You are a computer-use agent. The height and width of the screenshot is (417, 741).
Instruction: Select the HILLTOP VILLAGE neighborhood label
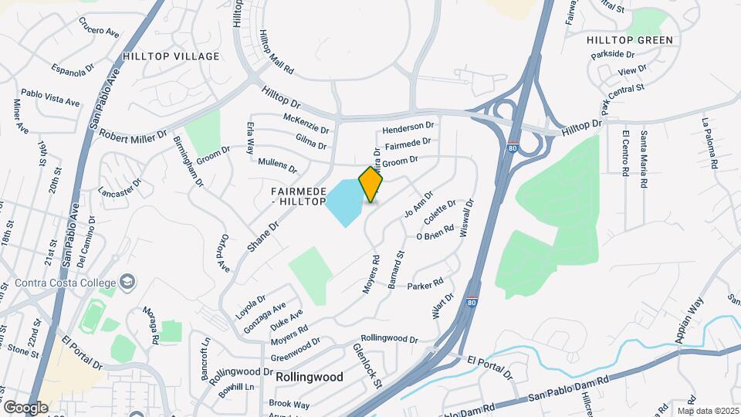(171, 56)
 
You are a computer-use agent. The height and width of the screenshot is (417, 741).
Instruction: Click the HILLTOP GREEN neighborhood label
(629, 40)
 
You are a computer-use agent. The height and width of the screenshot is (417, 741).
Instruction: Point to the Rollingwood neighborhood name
(309, 378)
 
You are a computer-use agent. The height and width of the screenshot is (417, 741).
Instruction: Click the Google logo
(25, 407)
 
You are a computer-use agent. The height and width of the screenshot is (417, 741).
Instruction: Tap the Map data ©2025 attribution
(707, 410)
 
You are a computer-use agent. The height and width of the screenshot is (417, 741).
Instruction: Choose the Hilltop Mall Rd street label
(276, 53)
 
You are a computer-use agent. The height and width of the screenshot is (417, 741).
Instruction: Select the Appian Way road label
(689, 319)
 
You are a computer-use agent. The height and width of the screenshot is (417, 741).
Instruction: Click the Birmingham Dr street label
(188, 162)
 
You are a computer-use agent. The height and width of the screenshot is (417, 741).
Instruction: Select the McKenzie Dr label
(306, 124)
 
